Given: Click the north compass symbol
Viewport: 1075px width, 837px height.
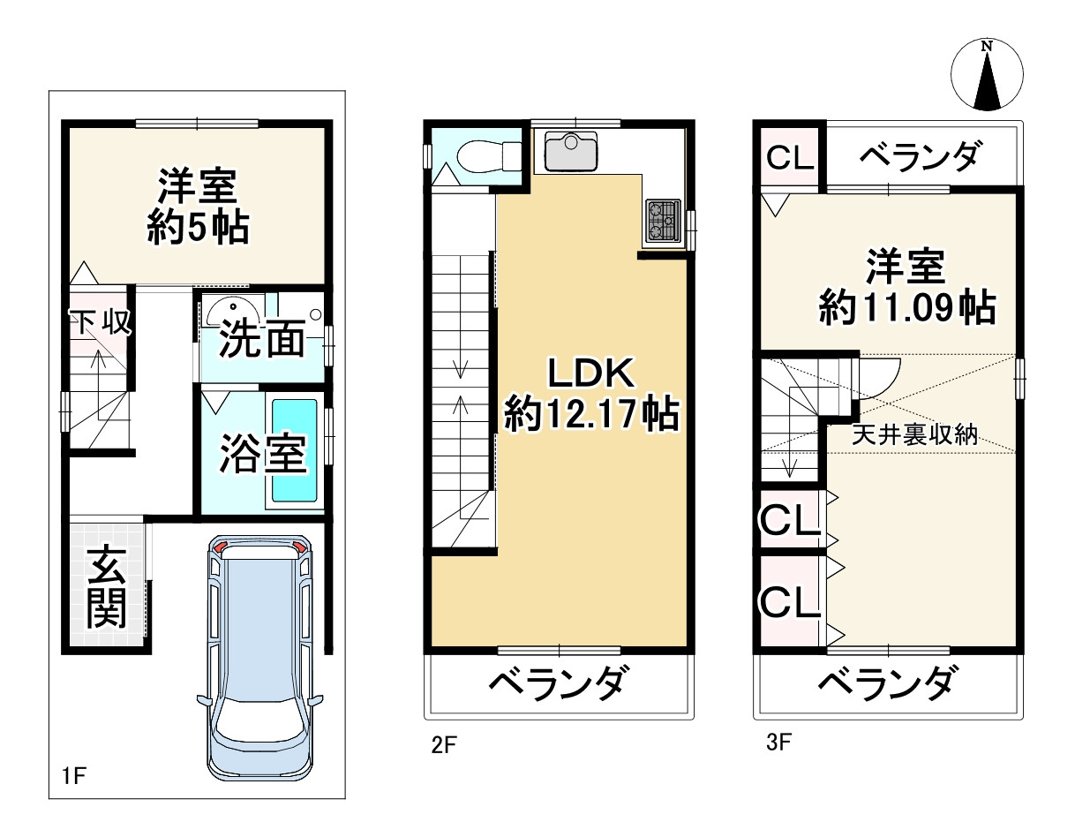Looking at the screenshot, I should (988, 74).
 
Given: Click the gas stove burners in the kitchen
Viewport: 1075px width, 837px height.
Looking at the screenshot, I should (663, 220).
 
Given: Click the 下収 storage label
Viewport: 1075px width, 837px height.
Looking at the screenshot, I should (101, 322).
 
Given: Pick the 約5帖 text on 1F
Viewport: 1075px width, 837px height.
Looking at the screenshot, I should (197, 228).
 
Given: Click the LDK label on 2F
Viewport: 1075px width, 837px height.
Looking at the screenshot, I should (590, 374).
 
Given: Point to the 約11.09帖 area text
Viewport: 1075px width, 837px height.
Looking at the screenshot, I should (906, 308).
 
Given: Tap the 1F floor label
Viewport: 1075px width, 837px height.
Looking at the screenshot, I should (73, 777).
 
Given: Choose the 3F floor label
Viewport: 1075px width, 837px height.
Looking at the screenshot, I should (778, 742).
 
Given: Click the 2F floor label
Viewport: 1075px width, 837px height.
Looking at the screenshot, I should (443, 744).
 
